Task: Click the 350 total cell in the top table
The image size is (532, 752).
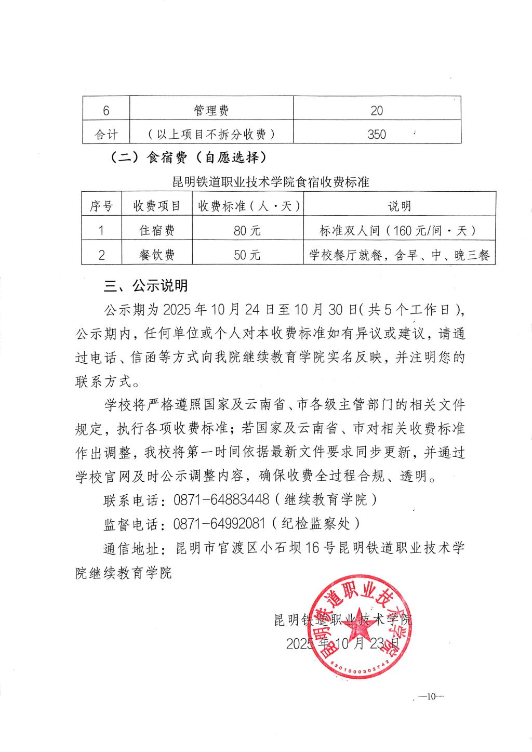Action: point(377,134)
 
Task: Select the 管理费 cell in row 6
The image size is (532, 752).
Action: point(211,110)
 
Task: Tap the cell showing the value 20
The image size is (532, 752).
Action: point(377,110)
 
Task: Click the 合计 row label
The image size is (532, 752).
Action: point(106,134)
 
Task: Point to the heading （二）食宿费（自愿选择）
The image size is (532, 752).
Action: point(188,158)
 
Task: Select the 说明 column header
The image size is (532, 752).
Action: point(399,206)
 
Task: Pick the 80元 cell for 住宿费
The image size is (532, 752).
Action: point(247,230)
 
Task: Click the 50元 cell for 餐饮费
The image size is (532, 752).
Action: point(247,255)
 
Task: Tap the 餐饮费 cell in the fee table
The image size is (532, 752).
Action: point(157,255)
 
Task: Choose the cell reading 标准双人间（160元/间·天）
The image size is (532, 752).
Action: point(399,230)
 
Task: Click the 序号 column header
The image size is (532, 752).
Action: point(101,206)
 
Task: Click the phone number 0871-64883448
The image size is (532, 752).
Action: point(221,499)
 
